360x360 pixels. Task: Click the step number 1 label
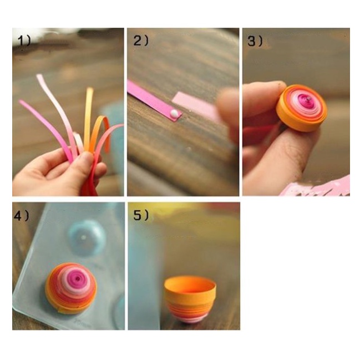[x=24, y=42]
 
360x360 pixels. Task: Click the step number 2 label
[x=141, y=41]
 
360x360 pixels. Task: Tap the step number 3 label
[x=255, y=42]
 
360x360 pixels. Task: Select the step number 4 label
[x=21, y=216]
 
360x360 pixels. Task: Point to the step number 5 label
[x=141, y=216]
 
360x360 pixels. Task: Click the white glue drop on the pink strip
[x=174, y=113]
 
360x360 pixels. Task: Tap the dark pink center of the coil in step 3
[x=306, y=102]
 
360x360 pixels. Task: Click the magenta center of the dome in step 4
[x=77, y=278]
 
